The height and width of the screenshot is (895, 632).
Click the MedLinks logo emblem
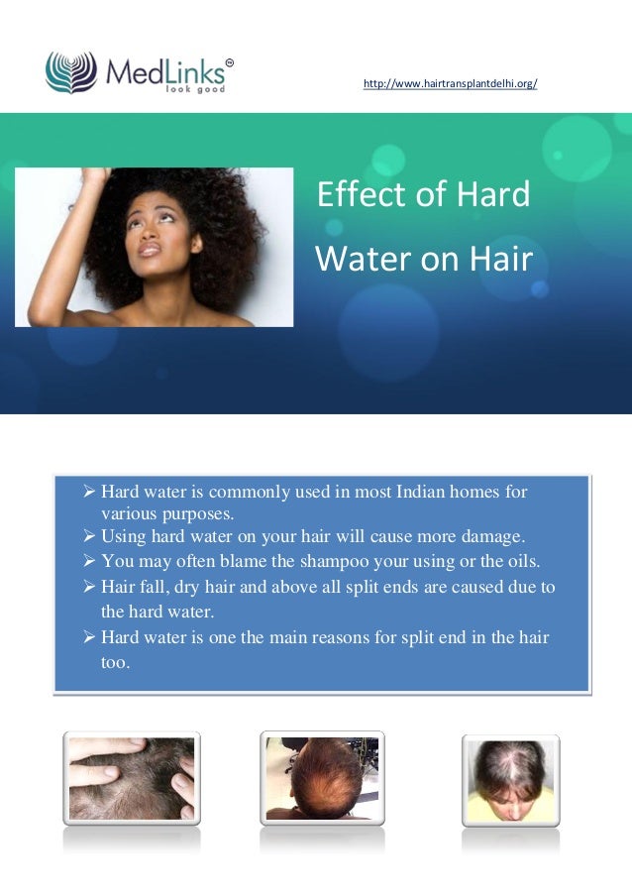coord(71,72)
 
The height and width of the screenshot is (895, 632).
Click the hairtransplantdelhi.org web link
coord(451,85)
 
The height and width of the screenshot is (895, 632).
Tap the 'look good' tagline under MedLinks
coord(195,89)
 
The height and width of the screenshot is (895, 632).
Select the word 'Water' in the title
coord(358,259)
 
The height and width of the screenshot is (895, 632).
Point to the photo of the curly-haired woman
coord(155,247)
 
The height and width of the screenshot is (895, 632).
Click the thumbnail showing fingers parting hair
coord(132,778)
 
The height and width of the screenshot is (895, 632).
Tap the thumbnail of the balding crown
coord(321,778)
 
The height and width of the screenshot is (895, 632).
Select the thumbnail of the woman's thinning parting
coord(510,780)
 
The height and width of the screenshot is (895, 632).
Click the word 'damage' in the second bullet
coord(488,537)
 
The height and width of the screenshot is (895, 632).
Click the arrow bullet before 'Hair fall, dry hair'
coord(88,587)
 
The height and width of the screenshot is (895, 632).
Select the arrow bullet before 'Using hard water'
coord(88,537)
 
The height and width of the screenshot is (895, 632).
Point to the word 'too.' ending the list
coord(115,662)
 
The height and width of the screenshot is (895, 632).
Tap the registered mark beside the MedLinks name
coord(229,63)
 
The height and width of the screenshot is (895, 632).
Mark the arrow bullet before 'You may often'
coord(88,561)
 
